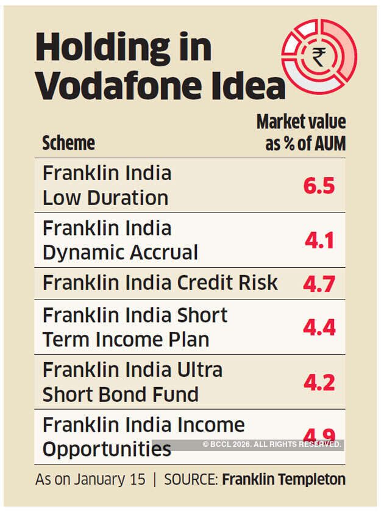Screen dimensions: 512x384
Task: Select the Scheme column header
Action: click(68, 143)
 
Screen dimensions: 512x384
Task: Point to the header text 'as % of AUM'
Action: click(305, 144)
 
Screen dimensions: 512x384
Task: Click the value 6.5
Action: click(319, 185)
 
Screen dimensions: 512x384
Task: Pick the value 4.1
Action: click(319, 240)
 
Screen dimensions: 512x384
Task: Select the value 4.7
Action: click(319, 283)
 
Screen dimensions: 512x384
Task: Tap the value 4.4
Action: click(319, 327)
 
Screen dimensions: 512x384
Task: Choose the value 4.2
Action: click(319, 382)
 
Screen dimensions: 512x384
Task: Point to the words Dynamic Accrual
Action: click(120, 252)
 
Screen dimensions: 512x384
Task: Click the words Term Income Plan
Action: click(126, 339)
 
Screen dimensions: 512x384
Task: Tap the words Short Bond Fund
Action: click(120, 394)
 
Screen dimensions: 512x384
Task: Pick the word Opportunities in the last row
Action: click(107, 449)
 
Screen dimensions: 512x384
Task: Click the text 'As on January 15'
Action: click(90, 479)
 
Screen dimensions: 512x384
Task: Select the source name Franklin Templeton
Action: click(283, 479)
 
